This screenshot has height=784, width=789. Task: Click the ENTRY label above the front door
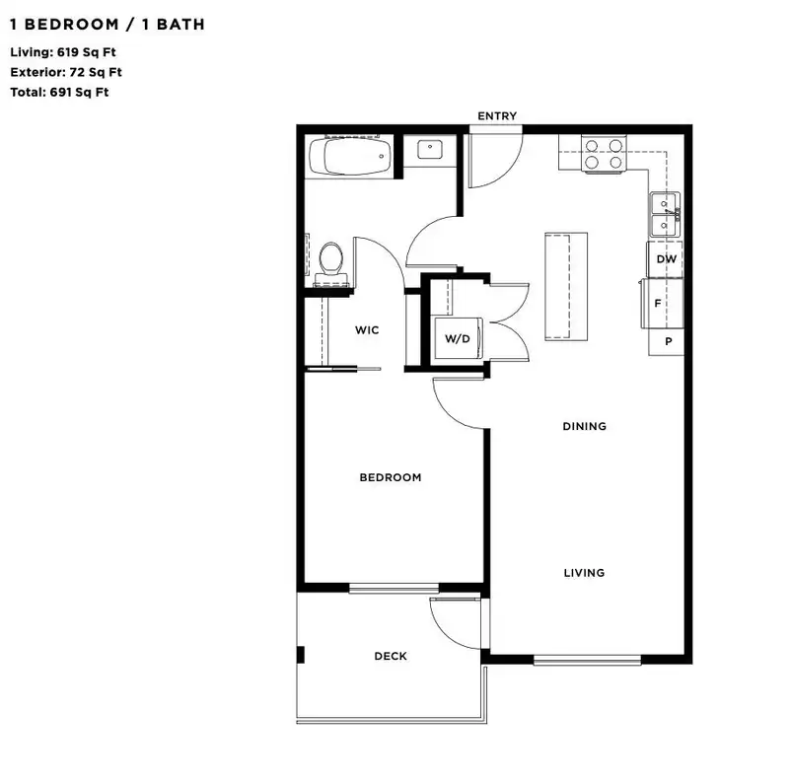(497, 115)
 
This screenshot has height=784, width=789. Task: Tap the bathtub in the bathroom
(350, 157)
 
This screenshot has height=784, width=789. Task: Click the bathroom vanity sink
(430, 150)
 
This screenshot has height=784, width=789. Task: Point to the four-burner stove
(604, 154)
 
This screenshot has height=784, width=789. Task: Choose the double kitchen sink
(665, 215)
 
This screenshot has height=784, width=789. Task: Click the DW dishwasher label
(667, 259)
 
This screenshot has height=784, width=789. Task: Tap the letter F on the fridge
(657, 304)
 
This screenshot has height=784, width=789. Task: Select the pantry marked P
(666, 341)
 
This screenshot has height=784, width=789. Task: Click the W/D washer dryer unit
(458, 338)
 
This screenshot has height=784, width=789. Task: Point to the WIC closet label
(366, 330)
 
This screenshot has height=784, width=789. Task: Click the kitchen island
(566, 286)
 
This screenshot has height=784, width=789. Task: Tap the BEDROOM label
(390, 477)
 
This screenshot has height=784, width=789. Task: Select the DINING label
(584, 426)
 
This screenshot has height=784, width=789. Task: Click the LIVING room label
(584, 573)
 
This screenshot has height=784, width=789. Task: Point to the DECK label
(391, 656)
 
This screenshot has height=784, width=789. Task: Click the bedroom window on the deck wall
(394, 588)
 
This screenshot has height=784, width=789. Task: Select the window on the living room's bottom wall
(587, 659)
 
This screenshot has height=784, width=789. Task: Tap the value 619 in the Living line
(67, 52)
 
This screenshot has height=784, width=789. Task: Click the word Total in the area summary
(28, 93)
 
